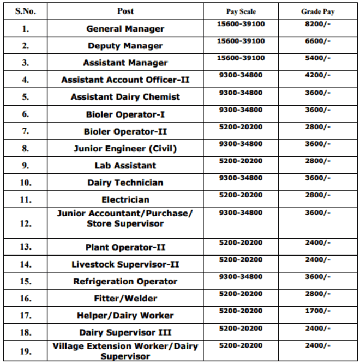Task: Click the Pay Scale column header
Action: pos(241,11)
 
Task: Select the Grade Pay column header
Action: pos(318,11)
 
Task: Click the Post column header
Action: pos(125,11)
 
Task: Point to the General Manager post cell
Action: pos(125,29)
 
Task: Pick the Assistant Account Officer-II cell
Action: pos(125,80)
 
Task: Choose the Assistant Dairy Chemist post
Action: pos(125,97)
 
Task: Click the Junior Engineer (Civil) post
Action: pos(125,148)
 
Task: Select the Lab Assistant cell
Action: pos(125,166)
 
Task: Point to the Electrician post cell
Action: pos(125,200)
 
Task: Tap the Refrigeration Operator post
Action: pos(125,282)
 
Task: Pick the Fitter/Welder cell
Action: pos(125,299)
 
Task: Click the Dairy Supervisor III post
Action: pos(125,332)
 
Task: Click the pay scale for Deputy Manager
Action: pos(241,41)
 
